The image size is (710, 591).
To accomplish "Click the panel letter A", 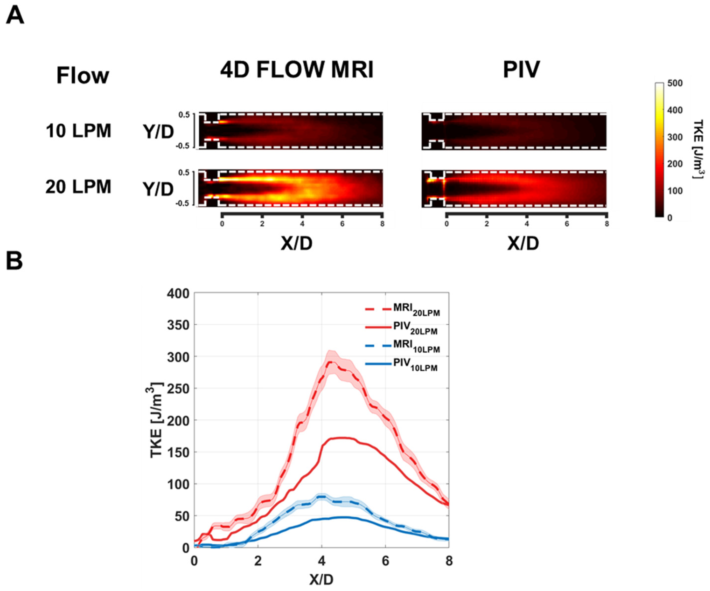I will (x=15, y=16).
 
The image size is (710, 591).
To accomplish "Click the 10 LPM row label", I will (x=78, y=131).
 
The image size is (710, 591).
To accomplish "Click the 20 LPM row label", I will (x=78, y=187).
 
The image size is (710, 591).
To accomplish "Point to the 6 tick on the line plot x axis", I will (x=386, y=561).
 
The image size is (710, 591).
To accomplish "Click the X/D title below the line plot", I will (x=321, y=580).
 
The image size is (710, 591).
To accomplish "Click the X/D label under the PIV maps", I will (x=523, y=243).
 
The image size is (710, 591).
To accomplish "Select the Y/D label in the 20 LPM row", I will (x=158, y=189).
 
